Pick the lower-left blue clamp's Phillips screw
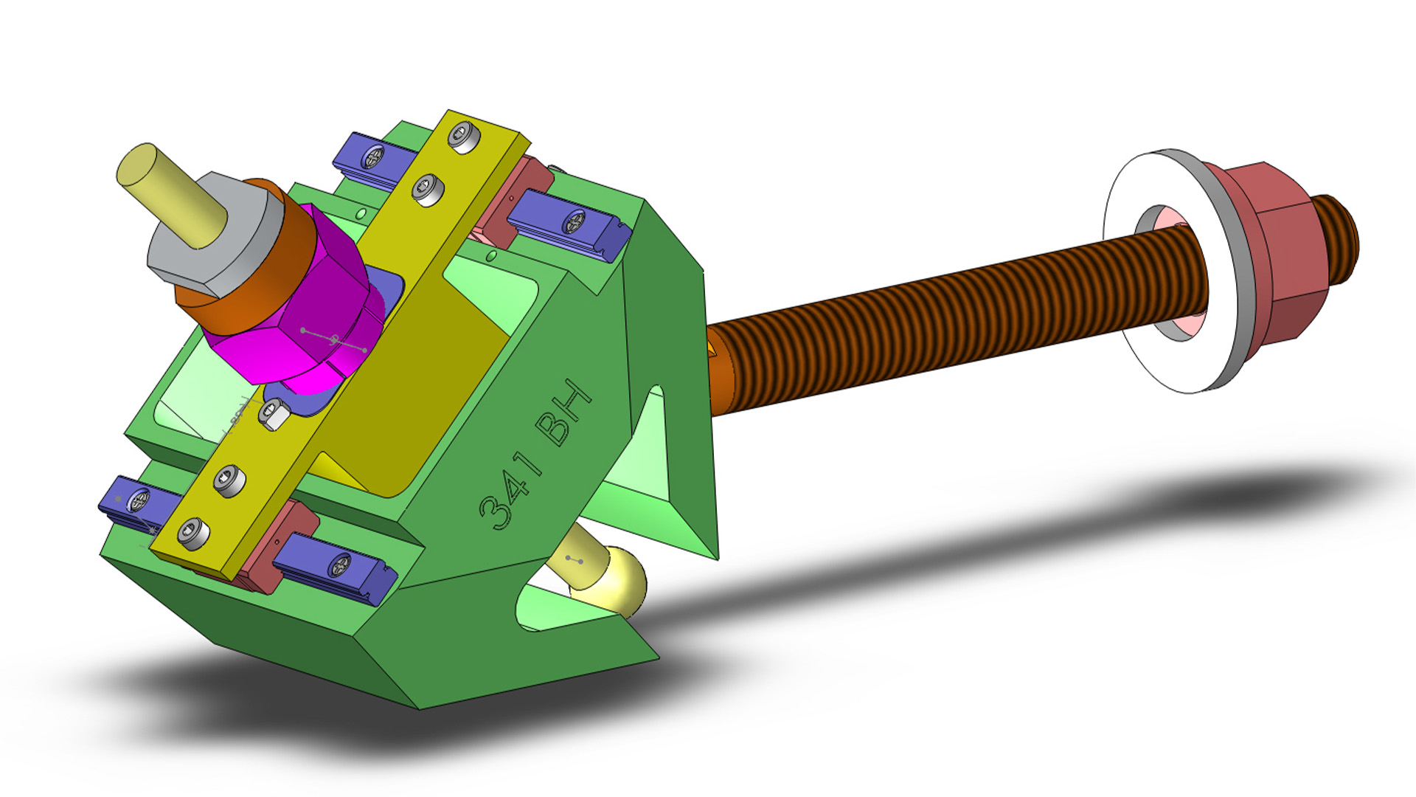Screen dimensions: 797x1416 [139, 503]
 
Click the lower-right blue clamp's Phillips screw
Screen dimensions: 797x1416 [341, 566]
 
